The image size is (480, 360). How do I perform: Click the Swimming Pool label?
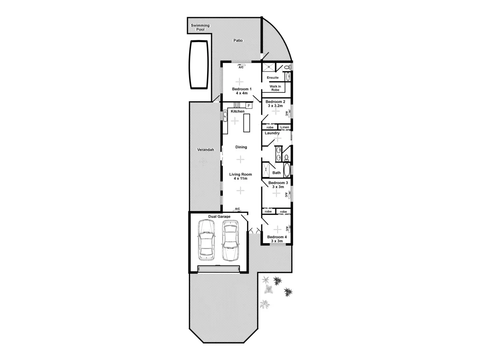point(200,27)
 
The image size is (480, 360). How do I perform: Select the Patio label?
point(238,40)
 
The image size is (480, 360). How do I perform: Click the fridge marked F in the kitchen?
point(248,106)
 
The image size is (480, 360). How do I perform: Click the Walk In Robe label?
point(275,88)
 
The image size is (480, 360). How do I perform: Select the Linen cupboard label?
point(284,127)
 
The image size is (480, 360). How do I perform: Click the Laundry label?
point(272,133)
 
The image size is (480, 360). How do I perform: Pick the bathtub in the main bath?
point(287,170)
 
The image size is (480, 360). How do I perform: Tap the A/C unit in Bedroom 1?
point(241,67)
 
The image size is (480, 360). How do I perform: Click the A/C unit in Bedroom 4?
point(288,229)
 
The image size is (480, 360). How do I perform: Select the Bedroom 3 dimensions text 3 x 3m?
point(278,187)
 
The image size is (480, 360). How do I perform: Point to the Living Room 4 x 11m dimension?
point(240,179)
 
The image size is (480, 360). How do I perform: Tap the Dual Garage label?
point(219,216)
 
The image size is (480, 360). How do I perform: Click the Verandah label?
point(206,150)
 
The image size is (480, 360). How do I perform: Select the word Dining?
point(241,147)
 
